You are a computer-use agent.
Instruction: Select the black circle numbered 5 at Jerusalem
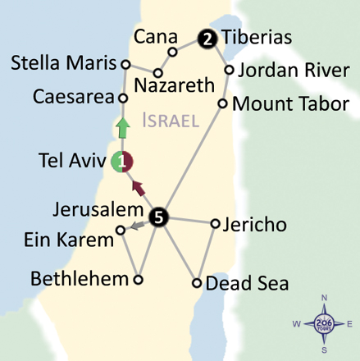click(160, 217)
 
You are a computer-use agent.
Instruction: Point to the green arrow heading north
click(122, 128)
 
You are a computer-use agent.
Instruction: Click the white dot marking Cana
click(173, 52)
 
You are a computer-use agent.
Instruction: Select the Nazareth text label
click(174, 85)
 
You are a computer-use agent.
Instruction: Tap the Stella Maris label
click(62, 62)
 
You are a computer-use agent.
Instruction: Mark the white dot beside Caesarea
click(123, 98)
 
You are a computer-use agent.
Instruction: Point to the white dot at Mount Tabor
click(222, 103)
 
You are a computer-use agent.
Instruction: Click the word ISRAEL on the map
click(171, 121)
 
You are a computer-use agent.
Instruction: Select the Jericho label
click(254, 222)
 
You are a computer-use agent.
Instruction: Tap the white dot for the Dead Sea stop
click(197, 283)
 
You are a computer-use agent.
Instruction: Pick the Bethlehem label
click(80, 278)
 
